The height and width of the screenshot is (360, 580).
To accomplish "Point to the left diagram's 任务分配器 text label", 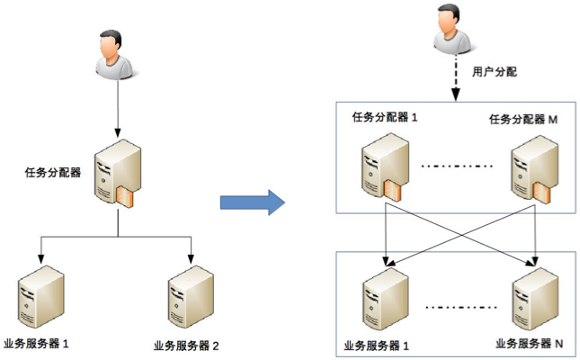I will coord(54,173).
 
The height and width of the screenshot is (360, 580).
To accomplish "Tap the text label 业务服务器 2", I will coord(186,346).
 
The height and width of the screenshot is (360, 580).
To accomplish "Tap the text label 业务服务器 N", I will coord(530,344).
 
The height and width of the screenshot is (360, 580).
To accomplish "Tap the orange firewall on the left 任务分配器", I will coord(129,201).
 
